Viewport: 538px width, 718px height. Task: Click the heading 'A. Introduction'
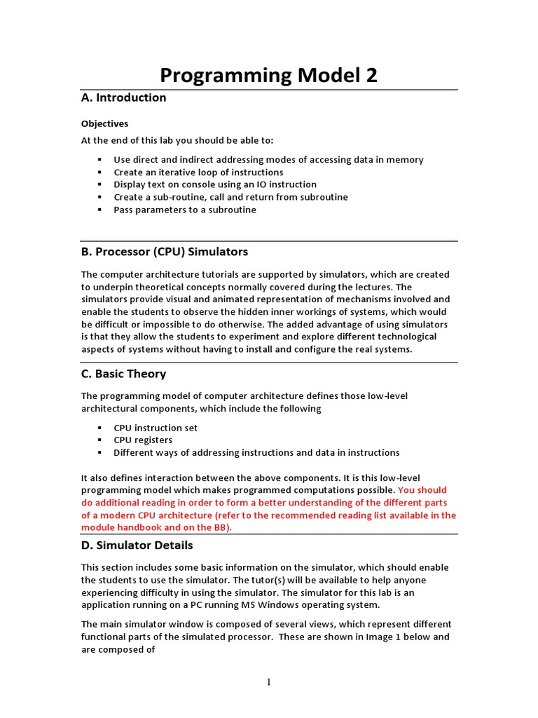point(124,97)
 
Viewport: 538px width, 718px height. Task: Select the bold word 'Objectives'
point(105,123)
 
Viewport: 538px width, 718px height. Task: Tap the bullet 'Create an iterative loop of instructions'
point(198,172)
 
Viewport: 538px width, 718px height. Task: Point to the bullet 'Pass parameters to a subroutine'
point(185,210)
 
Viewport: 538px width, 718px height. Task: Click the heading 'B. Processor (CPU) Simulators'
point(165,252)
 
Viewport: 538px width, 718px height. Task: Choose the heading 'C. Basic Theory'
point(124,374)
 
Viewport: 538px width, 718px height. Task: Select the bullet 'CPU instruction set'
point(156,428)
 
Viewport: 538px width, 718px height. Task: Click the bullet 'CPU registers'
point(143,440)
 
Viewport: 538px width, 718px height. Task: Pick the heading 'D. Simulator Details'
point(137,545)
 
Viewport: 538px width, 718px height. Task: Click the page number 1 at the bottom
point(269,683)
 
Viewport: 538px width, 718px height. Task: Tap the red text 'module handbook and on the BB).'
point(156,527)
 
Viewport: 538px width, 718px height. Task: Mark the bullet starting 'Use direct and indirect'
point(268,160)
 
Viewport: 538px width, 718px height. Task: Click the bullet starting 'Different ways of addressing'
point(256,453)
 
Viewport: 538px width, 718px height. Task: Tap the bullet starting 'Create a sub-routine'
point(230,197)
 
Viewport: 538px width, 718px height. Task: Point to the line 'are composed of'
point(118,649)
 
